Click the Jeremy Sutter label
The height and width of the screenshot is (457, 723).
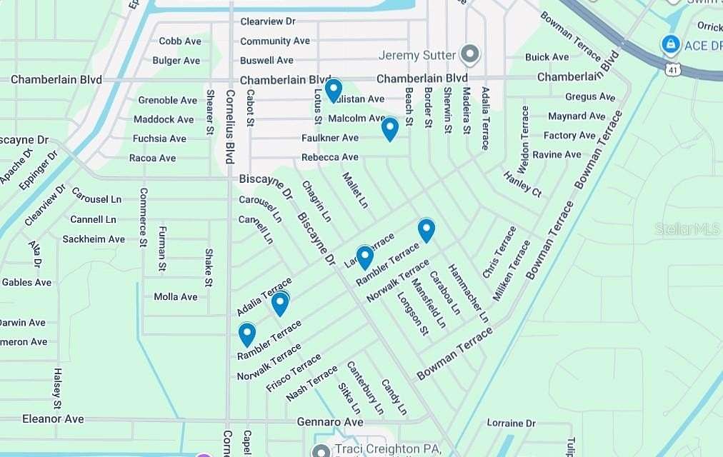tap(417, 55)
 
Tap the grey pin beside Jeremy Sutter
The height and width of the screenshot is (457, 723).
tap(469, 54)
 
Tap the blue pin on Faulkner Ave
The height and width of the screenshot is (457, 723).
tap(389, 129)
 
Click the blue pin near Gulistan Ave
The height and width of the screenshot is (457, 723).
tap(334, 90)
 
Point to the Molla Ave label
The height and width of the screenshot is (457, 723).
tap(176, 296)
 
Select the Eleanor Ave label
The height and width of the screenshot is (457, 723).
tap(53, 418)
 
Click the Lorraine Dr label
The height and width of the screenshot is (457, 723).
tap(511, 423)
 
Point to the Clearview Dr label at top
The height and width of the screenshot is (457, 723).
tap(268, 21)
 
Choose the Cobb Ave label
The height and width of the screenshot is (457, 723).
tap(180, 41)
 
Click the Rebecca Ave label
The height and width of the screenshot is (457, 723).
tap(329, 157)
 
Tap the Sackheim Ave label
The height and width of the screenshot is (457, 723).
tap(94, 239)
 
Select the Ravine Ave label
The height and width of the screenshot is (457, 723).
tap(557, 154)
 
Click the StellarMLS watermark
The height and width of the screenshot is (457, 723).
tap(687, 228)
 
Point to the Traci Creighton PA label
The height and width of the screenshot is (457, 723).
tap(387, 450)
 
